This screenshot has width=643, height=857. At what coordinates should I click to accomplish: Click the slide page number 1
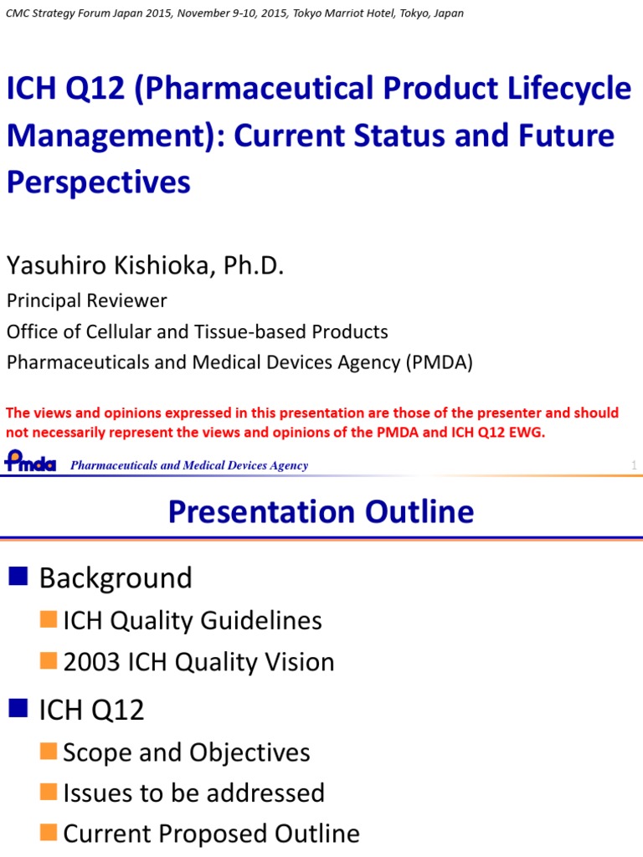pos(634,465)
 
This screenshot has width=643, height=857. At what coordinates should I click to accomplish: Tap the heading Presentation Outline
pos(321,511)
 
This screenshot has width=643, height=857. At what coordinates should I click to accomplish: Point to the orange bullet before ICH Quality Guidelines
pos(49,620)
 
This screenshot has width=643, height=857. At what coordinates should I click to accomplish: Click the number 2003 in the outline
pos(91,662)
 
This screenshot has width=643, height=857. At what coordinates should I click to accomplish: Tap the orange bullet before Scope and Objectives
pos(49,751)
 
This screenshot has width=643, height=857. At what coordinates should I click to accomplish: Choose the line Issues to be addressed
pos(193,793)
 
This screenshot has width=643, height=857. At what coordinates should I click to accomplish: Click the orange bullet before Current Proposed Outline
pos(49,833)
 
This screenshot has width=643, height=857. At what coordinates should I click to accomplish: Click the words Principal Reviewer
pos(87,300)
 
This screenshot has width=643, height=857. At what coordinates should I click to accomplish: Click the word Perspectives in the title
pos(99,182)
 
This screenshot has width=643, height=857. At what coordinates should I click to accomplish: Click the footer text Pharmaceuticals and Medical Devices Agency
pos(189,465)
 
